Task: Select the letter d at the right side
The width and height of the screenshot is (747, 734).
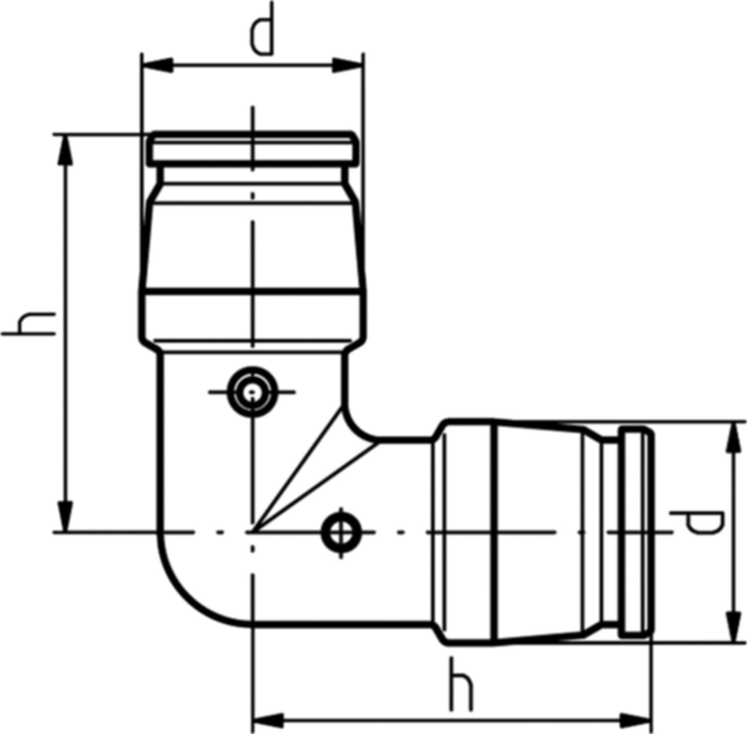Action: click(698, 523)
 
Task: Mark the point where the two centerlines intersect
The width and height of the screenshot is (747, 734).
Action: click(252, 532)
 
